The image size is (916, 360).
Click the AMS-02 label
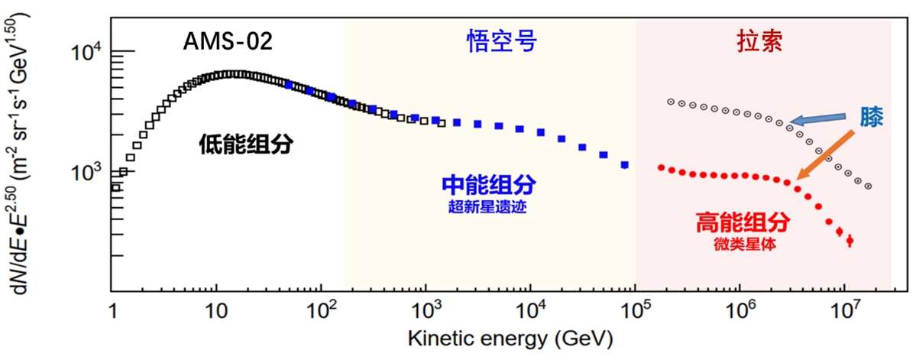[x=227, y=41]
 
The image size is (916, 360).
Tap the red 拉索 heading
[x=759, y=42]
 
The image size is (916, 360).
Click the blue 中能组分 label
[x=489, y=185]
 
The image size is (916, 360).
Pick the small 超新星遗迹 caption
[x=489, y=206]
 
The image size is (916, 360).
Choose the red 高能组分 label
[x=743, y=222]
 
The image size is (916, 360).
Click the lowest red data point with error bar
[x=850, y=241]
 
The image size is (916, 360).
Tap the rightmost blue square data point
[x=625, y=165]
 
